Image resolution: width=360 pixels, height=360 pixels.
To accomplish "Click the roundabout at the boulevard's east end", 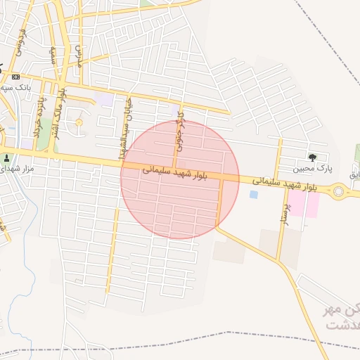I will click(x=340, y=191).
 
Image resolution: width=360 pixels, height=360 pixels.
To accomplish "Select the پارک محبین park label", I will click(x=314, y=169).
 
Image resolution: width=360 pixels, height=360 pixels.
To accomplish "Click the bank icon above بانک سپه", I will click(x=15, y=77).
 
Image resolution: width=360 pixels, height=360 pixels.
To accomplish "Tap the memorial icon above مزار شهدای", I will click(x=8, y=157).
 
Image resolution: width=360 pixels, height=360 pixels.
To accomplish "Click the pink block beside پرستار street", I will click(x=304, y=205).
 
